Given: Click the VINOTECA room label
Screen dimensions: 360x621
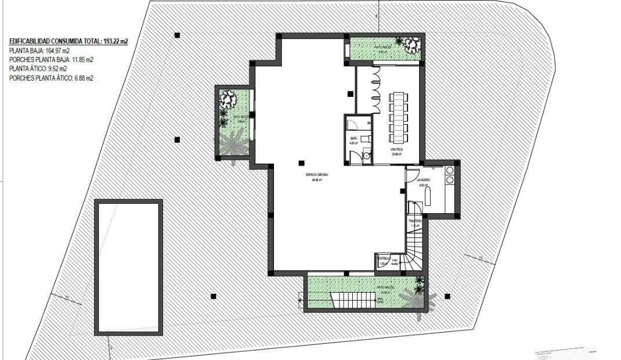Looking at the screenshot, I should [x=397, y=149].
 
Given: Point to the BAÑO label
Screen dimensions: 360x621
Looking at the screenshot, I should [x=352, y=138].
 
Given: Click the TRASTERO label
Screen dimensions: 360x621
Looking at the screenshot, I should [x=414, y=221].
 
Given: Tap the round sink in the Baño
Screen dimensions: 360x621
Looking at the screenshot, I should [x=366, y=156].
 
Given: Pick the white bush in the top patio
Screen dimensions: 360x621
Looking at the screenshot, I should [x=412, y=44].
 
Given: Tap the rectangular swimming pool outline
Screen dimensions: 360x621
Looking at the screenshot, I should [x=128, y=267].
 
